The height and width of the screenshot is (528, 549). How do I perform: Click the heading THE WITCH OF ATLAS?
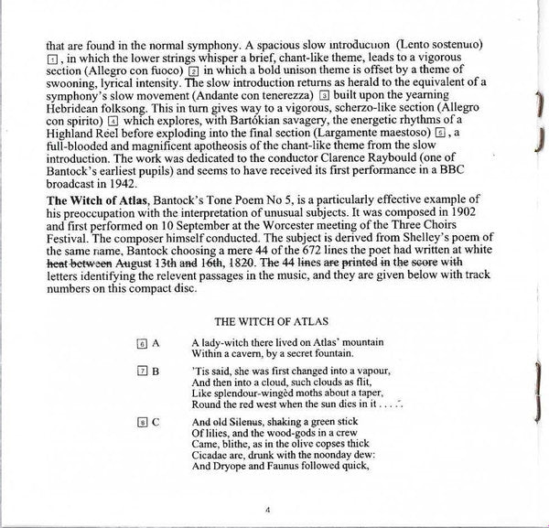pyautogui.click(x=273, y=321)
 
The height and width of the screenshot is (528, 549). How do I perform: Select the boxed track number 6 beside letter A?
pyautogui.click(x=142, y=343)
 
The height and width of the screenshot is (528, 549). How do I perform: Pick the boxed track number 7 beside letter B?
pyautogui.click(x=142, y=371)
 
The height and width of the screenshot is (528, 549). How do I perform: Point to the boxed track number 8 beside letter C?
pyautogui.click(x=142, y=421)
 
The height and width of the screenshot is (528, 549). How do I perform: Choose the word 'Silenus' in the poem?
pyautogui.click(x=239, y=421)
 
